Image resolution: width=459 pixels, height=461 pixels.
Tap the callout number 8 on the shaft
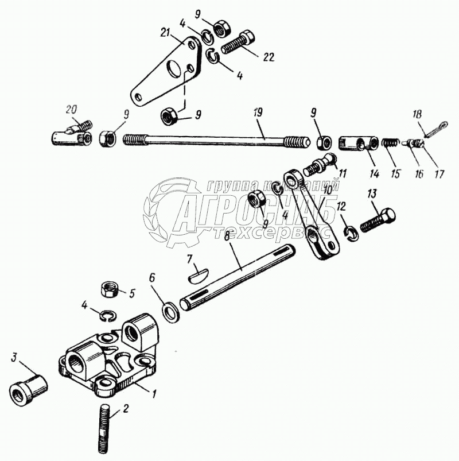click(227, 234)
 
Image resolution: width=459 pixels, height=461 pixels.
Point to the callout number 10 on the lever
click(328, 189)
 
